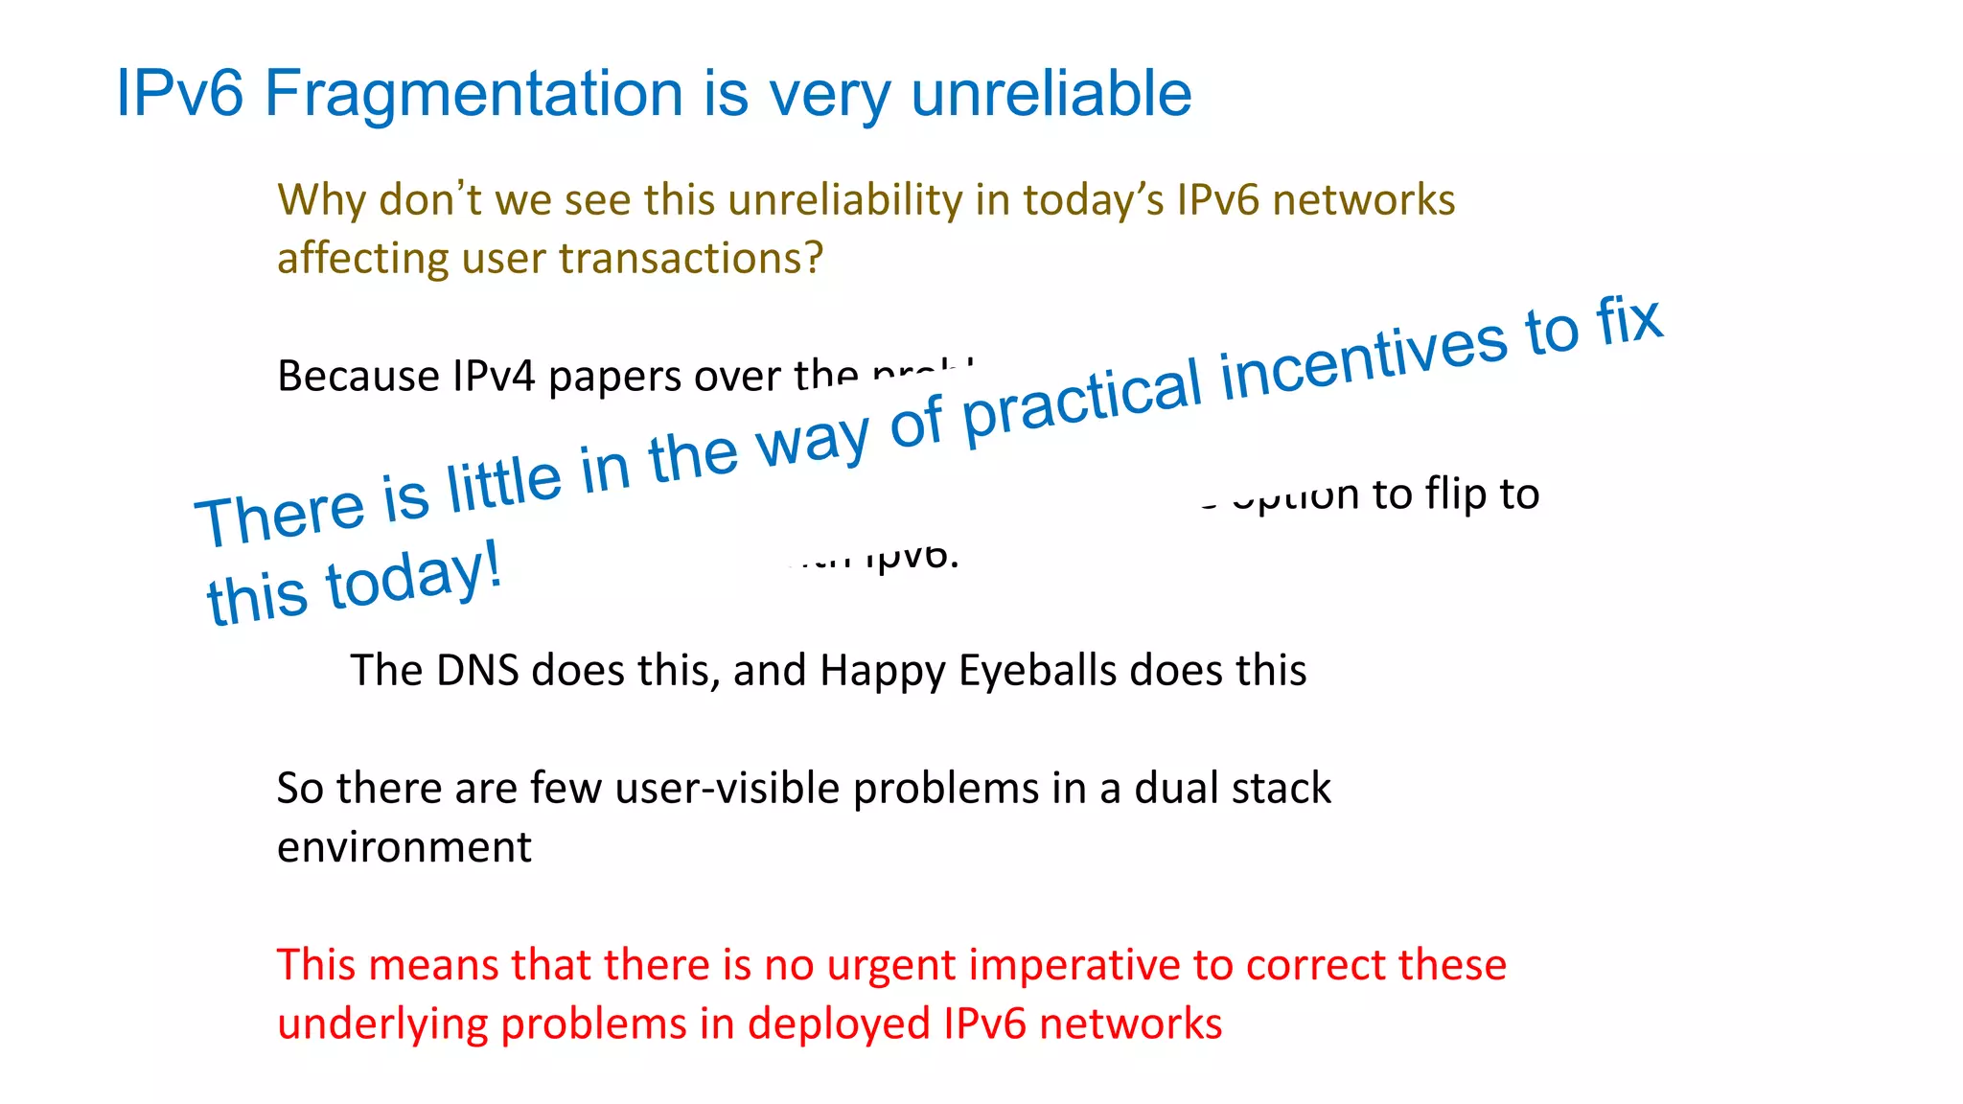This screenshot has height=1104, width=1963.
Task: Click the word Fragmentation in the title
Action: click(x=473, y=94)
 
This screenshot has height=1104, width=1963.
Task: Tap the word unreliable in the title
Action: click(x=1051, y=94)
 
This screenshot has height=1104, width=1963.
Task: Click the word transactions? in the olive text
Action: click(x=690, y=259)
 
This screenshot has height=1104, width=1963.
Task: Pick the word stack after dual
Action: click(x=1282, y=789)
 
